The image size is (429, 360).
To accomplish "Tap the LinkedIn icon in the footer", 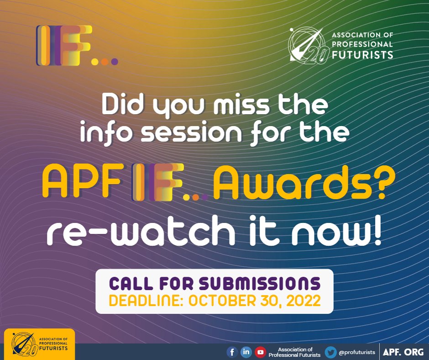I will click(246, 352).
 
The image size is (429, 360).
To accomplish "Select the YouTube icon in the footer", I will click(261, 352).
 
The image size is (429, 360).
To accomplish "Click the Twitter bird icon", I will click(331, 352).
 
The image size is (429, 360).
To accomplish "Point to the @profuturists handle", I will click(357, 352).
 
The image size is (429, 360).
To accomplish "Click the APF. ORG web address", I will click(403, 352).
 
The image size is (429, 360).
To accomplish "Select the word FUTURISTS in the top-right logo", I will click(362, 56).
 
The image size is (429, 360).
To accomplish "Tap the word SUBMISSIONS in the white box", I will click(260, 284).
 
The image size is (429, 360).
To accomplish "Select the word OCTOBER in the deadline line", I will click(220, 302).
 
